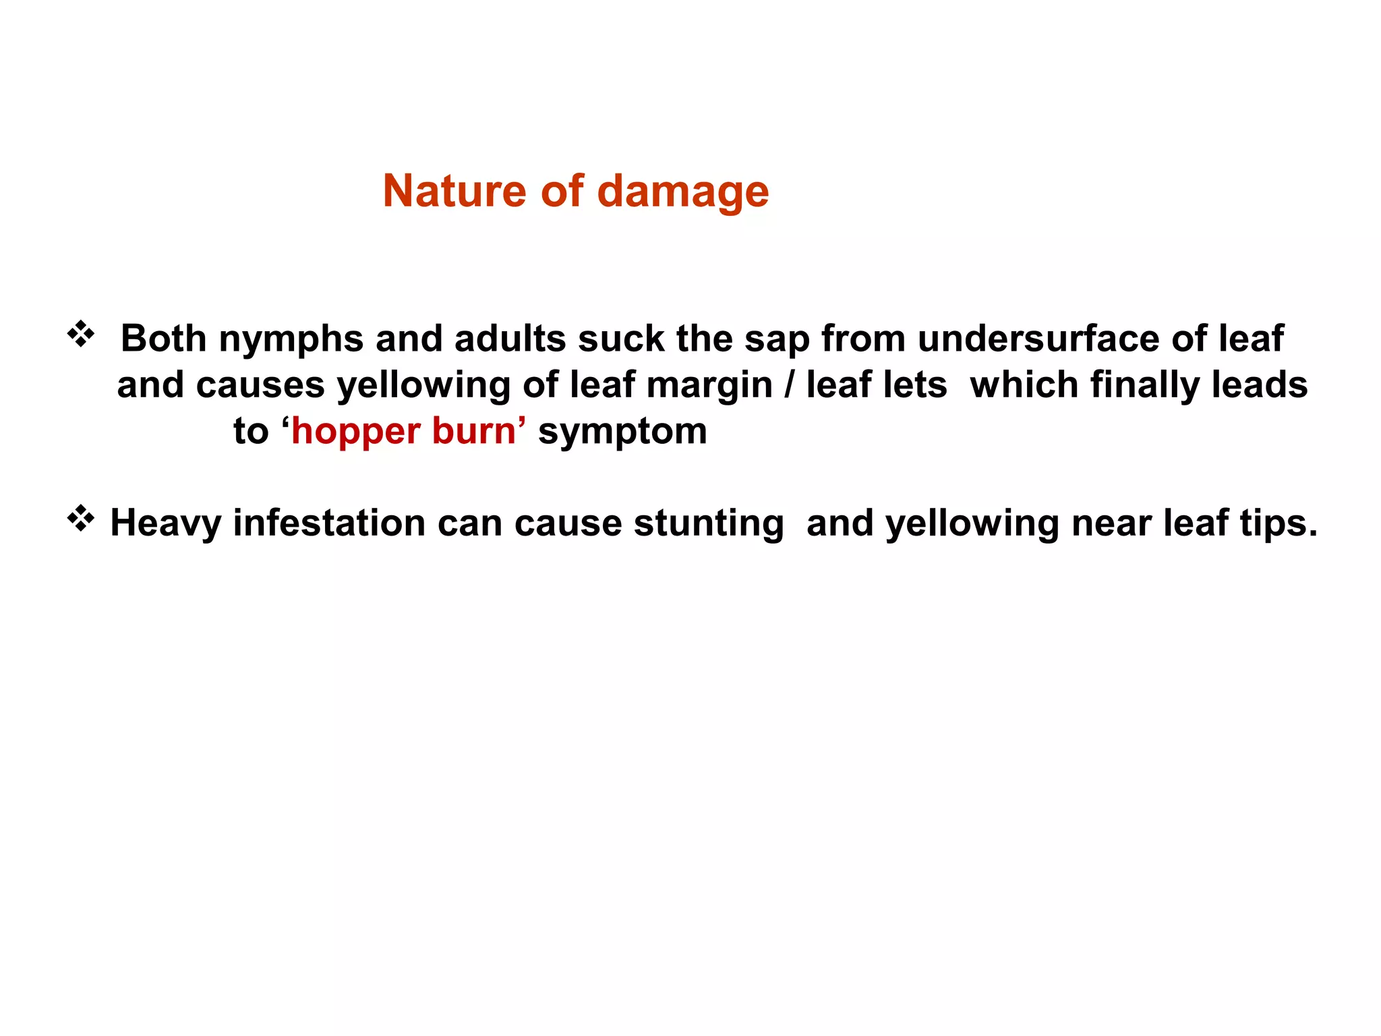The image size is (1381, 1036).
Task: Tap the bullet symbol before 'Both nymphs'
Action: pos(80,335)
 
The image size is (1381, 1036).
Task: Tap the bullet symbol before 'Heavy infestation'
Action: pos(80,519)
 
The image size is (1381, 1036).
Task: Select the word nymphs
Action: pos(291,339)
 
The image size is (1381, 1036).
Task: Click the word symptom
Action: pos(622,432)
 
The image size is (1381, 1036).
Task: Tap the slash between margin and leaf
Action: pos(790,385)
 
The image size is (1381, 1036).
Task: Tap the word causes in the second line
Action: pos(260,385)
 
